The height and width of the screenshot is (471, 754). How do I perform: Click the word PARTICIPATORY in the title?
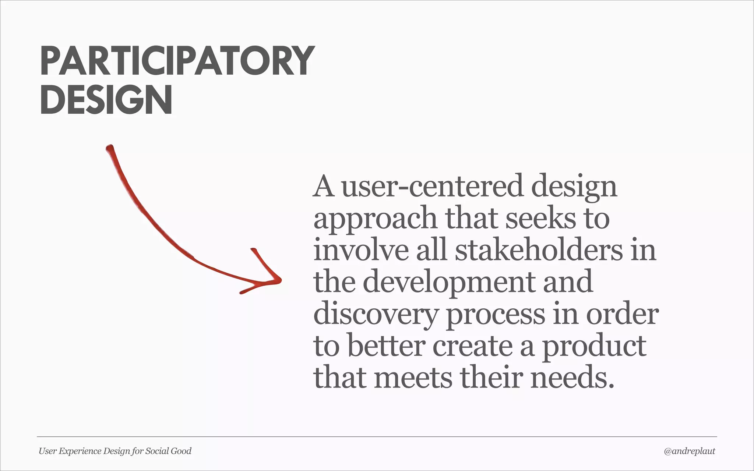point(177,61)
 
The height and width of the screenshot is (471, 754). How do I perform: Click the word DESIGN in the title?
point(106,100)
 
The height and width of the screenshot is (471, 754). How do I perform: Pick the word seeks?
point(540,219)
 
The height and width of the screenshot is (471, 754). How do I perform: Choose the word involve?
point(361,250)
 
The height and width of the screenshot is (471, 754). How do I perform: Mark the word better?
point(386,346)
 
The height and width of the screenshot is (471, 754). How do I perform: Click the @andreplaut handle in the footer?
point(689,451)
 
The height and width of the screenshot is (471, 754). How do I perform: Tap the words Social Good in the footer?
point(168,451)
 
